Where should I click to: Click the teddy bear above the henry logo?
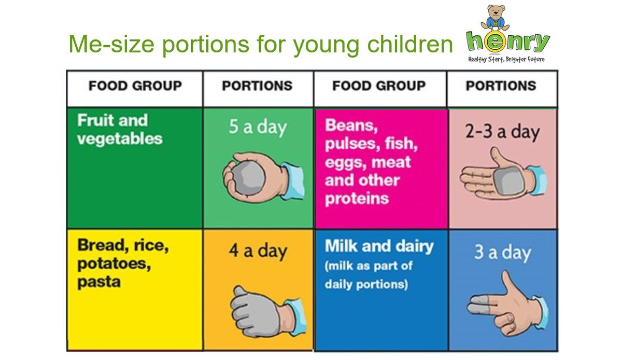tap(494, 18)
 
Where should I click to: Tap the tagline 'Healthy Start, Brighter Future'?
tap(506, 59)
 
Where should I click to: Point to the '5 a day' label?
tap(258, 128)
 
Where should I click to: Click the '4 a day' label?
tap(258, 251)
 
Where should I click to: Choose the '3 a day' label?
tap(502, 253)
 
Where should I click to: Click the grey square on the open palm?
tap(505, 179)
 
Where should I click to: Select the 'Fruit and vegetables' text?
tap(120, 129)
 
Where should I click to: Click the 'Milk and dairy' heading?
tap(379, 246)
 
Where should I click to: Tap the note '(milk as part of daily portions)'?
tap(369, 275)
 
